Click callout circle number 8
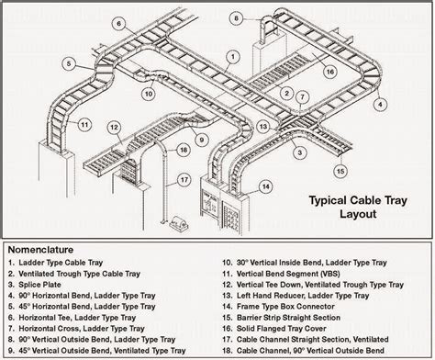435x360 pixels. click(x=236, y=17)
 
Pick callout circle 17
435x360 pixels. click(x=184, y=179)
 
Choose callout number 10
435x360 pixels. click(x=148, y=92)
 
